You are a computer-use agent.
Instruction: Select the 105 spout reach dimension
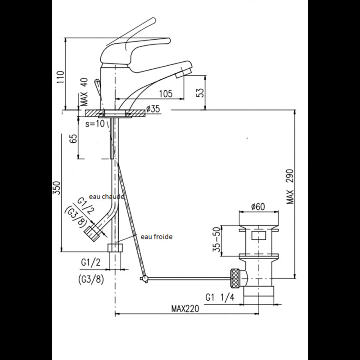166,94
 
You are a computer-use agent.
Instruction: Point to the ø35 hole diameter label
154,108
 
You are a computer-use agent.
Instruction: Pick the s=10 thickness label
94,122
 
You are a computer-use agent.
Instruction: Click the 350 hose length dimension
57,188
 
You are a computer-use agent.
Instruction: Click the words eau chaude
106,197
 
